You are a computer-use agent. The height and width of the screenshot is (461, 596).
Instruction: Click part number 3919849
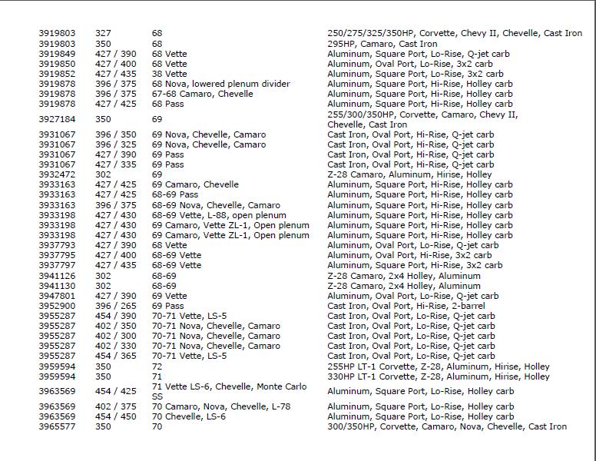(x=57, y=54)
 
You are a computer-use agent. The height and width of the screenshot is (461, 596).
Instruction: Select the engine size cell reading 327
(x=103, y=34)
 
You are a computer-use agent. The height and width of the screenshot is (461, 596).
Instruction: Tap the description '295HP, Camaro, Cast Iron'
(x=382, y=44)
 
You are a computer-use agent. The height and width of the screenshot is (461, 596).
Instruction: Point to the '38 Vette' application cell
(x=169, y=74)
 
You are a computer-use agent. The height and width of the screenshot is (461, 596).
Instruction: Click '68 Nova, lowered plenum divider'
(x=220, y=84)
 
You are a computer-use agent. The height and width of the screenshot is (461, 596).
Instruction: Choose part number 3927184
(x=57, y=119)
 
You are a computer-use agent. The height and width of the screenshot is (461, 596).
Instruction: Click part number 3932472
(x=57, y=174)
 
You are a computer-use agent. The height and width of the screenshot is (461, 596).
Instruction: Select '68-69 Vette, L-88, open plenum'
(x=219, y=215)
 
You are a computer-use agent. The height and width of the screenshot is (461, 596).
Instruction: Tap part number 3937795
(x=57, y=255)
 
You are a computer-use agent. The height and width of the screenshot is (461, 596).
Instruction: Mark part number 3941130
(x=57, y=286)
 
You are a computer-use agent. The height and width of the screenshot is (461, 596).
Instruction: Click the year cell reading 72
(x=157, y=366)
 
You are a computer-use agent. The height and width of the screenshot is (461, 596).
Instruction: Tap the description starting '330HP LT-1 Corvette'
(x=438, y=376)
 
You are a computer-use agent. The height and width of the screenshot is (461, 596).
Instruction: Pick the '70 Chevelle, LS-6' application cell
(x=188, y=416)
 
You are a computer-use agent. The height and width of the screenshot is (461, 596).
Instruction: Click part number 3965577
(x=57, y=426)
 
